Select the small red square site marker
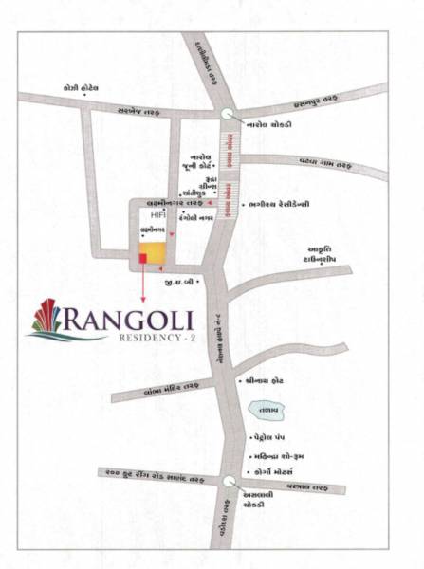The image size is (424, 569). click(143, 257)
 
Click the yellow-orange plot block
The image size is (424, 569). click(158, 251)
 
